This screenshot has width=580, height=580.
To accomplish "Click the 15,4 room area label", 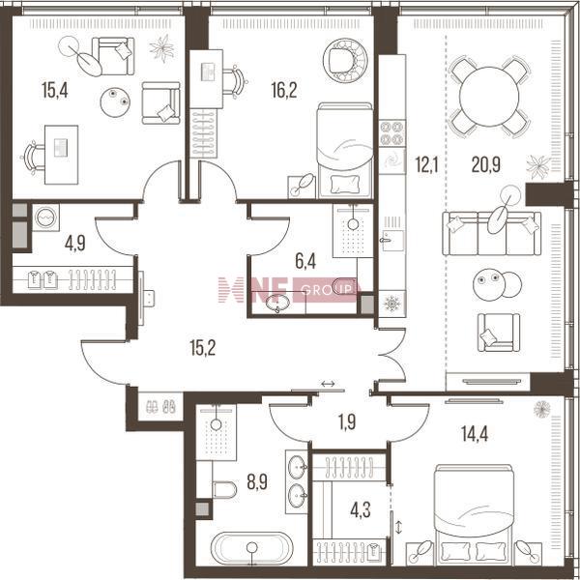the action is point(55,90).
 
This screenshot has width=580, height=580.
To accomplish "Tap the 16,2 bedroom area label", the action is point(283,90).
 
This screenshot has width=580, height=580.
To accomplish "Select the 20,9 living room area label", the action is point(485,164).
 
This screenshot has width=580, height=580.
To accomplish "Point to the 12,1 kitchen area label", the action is point(426,164).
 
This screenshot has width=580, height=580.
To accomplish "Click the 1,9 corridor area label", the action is point(347,422).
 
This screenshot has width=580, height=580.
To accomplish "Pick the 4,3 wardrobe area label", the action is point(360,510).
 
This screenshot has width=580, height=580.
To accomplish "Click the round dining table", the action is point(489,96).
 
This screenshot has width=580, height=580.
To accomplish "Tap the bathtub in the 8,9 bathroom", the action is point(252,548).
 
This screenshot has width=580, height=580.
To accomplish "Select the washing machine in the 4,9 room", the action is point(45,217).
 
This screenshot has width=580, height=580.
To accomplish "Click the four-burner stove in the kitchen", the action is point(392,132).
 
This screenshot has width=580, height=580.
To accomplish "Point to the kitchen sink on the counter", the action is point(392,241).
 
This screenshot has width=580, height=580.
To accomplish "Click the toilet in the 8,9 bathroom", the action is point(224,490).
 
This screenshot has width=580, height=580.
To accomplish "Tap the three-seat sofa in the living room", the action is point(492,233).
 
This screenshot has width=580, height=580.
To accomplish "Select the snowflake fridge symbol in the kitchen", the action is point(392,304).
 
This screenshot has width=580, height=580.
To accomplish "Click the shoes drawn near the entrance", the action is point(160,407).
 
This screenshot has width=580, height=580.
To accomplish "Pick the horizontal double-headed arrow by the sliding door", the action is point(328,384).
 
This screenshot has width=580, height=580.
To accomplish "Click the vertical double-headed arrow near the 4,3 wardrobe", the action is point(398,527).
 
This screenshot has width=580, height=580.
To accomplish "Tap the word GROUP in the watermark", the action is point(327,290).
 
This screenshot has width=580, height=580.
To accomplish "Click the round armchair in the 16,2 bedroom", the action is point(345,61).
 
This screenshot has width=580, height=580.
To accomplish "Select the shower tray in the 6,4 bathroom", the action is point(353,230).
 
